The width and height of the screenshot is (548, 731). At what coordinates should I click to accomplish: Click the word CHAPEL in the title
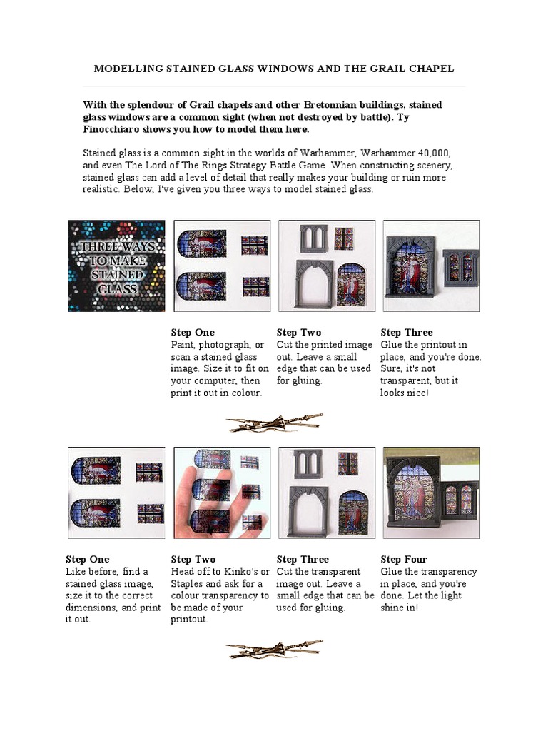[x=431, y=69]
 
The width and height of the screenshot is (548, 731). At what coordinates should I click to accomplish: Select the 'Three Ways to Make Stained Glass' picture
[x=116, y=266]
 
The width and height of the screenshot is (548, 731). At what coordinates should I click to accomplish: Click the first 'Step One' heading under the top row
[x=193, y=333]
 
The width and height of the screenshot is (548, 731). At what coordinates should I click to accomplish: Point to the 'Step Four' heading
[x=404, y=559]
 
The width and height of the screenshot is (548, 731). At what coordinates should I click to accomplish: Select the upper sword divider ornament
[x=275, y=423]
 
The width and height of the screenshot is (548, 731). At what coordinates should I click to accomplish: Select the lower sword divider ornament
[x=275, y=649]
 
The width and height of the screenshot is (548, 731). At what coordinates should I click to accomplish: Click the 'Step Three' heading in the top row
[x=406, y=333]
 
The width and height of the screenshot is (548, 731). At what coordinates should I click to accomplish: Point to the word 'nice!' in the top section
[x=417, y=393]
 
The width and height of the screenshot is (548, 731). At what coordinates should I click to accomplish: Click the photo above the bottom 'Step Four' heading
[x=432, y=493]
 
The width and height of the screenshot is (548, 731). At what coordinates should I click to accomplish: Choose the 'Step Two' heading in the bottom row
[x=193, y=559]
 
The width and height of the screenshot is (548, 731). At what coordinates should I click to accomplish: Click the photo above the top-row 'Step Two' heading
[x=327, y=266]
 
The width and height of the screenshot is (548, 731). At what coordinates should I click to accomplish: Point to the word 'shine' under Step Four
[x=393, y=608]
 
